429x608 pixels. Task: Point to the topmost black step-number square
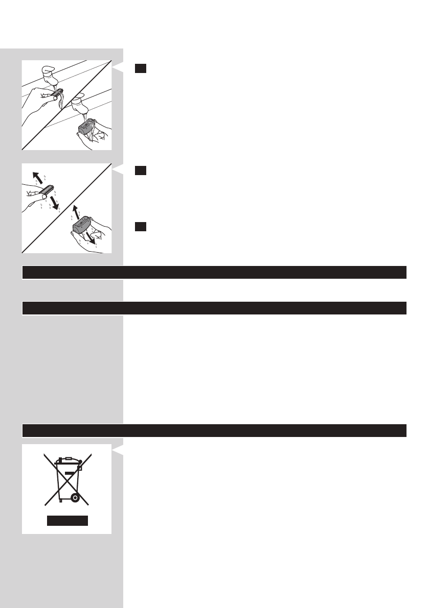(141, 68)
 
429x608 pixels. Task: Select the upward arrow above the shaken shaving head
(75, 210)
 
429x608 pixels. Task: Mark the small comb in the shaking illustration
(45, 193)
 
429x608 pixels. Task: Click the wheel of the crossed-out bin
(75, 496)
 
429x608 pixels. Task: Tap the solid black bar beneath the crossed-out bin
(67, 521)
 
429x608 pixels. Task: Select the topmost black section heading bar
(214, 272)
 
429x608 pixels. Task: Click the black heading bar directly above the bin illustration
(214, 430)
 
